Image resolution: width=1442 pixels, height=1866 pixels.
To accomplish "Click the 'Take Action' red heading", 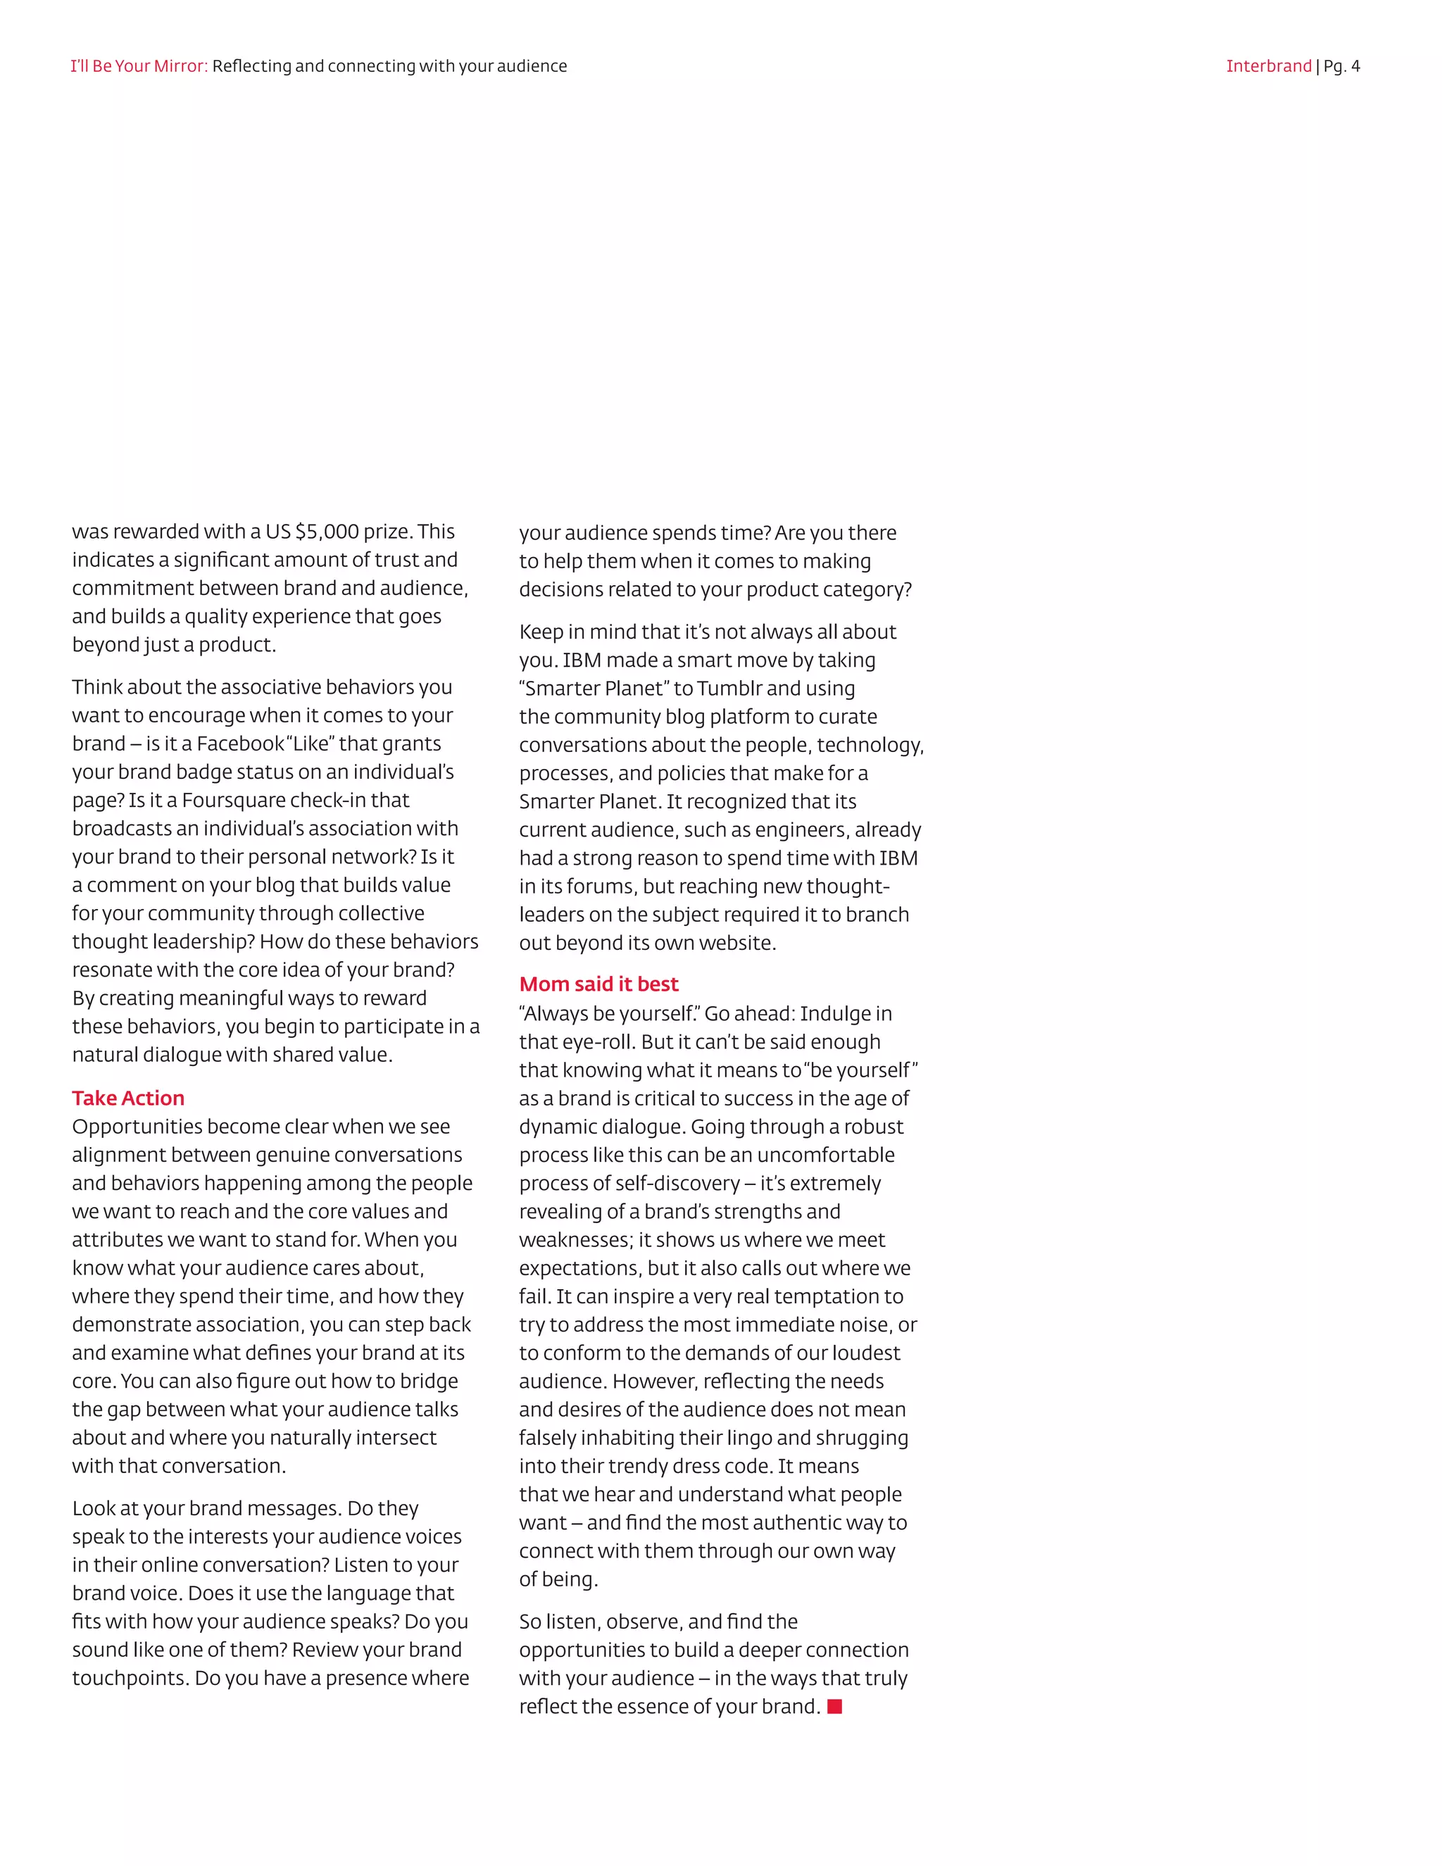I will pyautogui.click(x=128, y=1098).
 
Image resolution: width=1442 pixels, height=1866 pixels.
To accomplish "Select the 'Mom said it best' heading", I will pyautogui.click(x=598, y=984).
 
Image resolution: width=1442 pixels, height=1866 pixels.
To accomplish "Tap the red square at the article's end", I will pyautogui.click(x=834, y=1706).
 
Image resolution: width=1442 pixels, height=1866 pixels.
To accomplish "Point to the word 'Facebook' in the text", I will pyautogui.click(x=240, y=744).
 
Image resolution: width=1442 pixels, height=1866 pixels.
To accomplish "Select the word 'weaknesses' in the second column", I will pyautogui.click(x=574, y=1240).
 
